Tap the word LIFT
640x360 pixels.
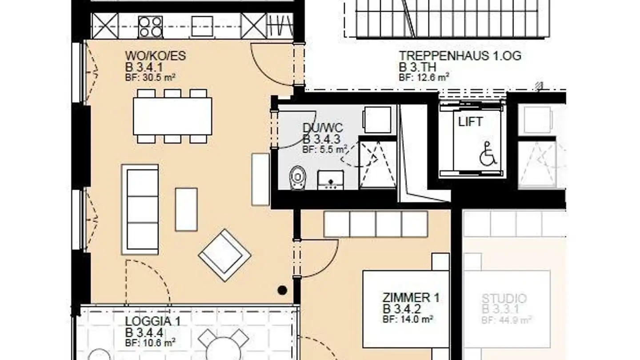point(470,122)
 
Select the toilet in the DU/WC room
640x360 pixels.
point(298,177)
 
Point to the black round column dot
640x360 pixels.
point(282,290)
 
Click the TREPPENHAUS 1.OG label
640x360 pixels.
point(460,56)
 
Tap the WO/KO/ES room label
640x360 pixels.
point(156,56)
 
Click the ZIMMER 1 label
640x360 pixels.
point(411,297)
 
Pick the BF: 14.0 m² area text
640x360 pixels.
point(408,319)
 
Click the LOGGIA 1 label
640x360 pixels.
point(152,321)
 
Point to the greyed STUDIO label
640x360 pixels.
point(504,298)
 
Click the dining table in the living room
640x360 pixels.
point(172,116)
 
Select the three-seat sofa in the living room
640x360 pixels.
point(140,209)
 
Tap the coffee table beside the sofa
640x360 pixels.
point(186,209)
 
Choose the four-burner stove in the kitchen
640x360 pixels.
point(150,27)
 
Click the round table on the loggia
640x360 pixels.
point(223,349)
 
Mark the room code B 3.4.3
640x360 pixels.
point(321,140)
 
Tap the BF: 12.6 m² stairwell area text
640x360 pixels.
point(424,77)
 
